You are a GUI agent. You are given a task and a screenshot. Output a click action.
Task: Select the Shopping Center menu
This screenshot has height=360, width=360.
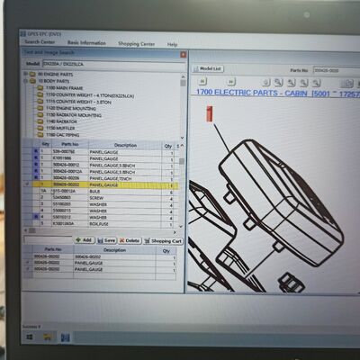[x=136, y=43]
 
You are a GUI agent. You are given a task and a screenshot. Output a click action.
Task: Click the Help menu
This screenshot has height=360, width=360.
[x=172, y=44]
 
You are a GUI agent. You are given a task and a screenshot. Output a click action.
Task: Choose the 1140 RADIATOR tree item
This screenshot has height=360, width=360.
[x=60, y=121]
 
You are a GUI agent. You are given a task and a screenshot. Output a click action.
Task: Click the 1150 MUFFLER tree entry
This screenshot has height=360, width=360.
[x=59, y=128]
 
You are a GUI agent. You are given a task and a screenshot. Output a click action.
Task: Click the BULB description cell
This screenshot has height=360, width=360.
[x=97, y=192]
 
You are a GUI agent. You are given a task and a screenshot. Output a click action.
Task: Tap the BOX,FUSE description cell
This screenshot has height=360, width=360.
[x=99, y=222]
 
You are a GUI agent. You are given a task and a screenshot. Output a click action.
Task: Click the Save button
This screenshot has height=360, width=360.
[x=107, y=240]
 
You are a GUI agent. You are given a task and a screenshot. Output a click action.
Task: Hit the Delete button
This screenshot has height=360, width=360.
[x=130, y=240]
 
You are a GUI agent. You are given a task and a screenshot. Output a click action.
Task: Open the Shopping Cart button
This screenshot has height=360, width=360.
[x=164, y=240]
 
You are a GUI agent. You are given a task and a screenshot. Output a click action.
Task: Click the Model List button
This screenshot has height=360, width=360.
[x=208, y=68]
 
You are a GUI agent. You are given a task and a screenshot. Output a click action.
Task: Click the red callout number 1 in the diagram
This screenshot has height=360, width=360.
[x=210, y=114]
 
